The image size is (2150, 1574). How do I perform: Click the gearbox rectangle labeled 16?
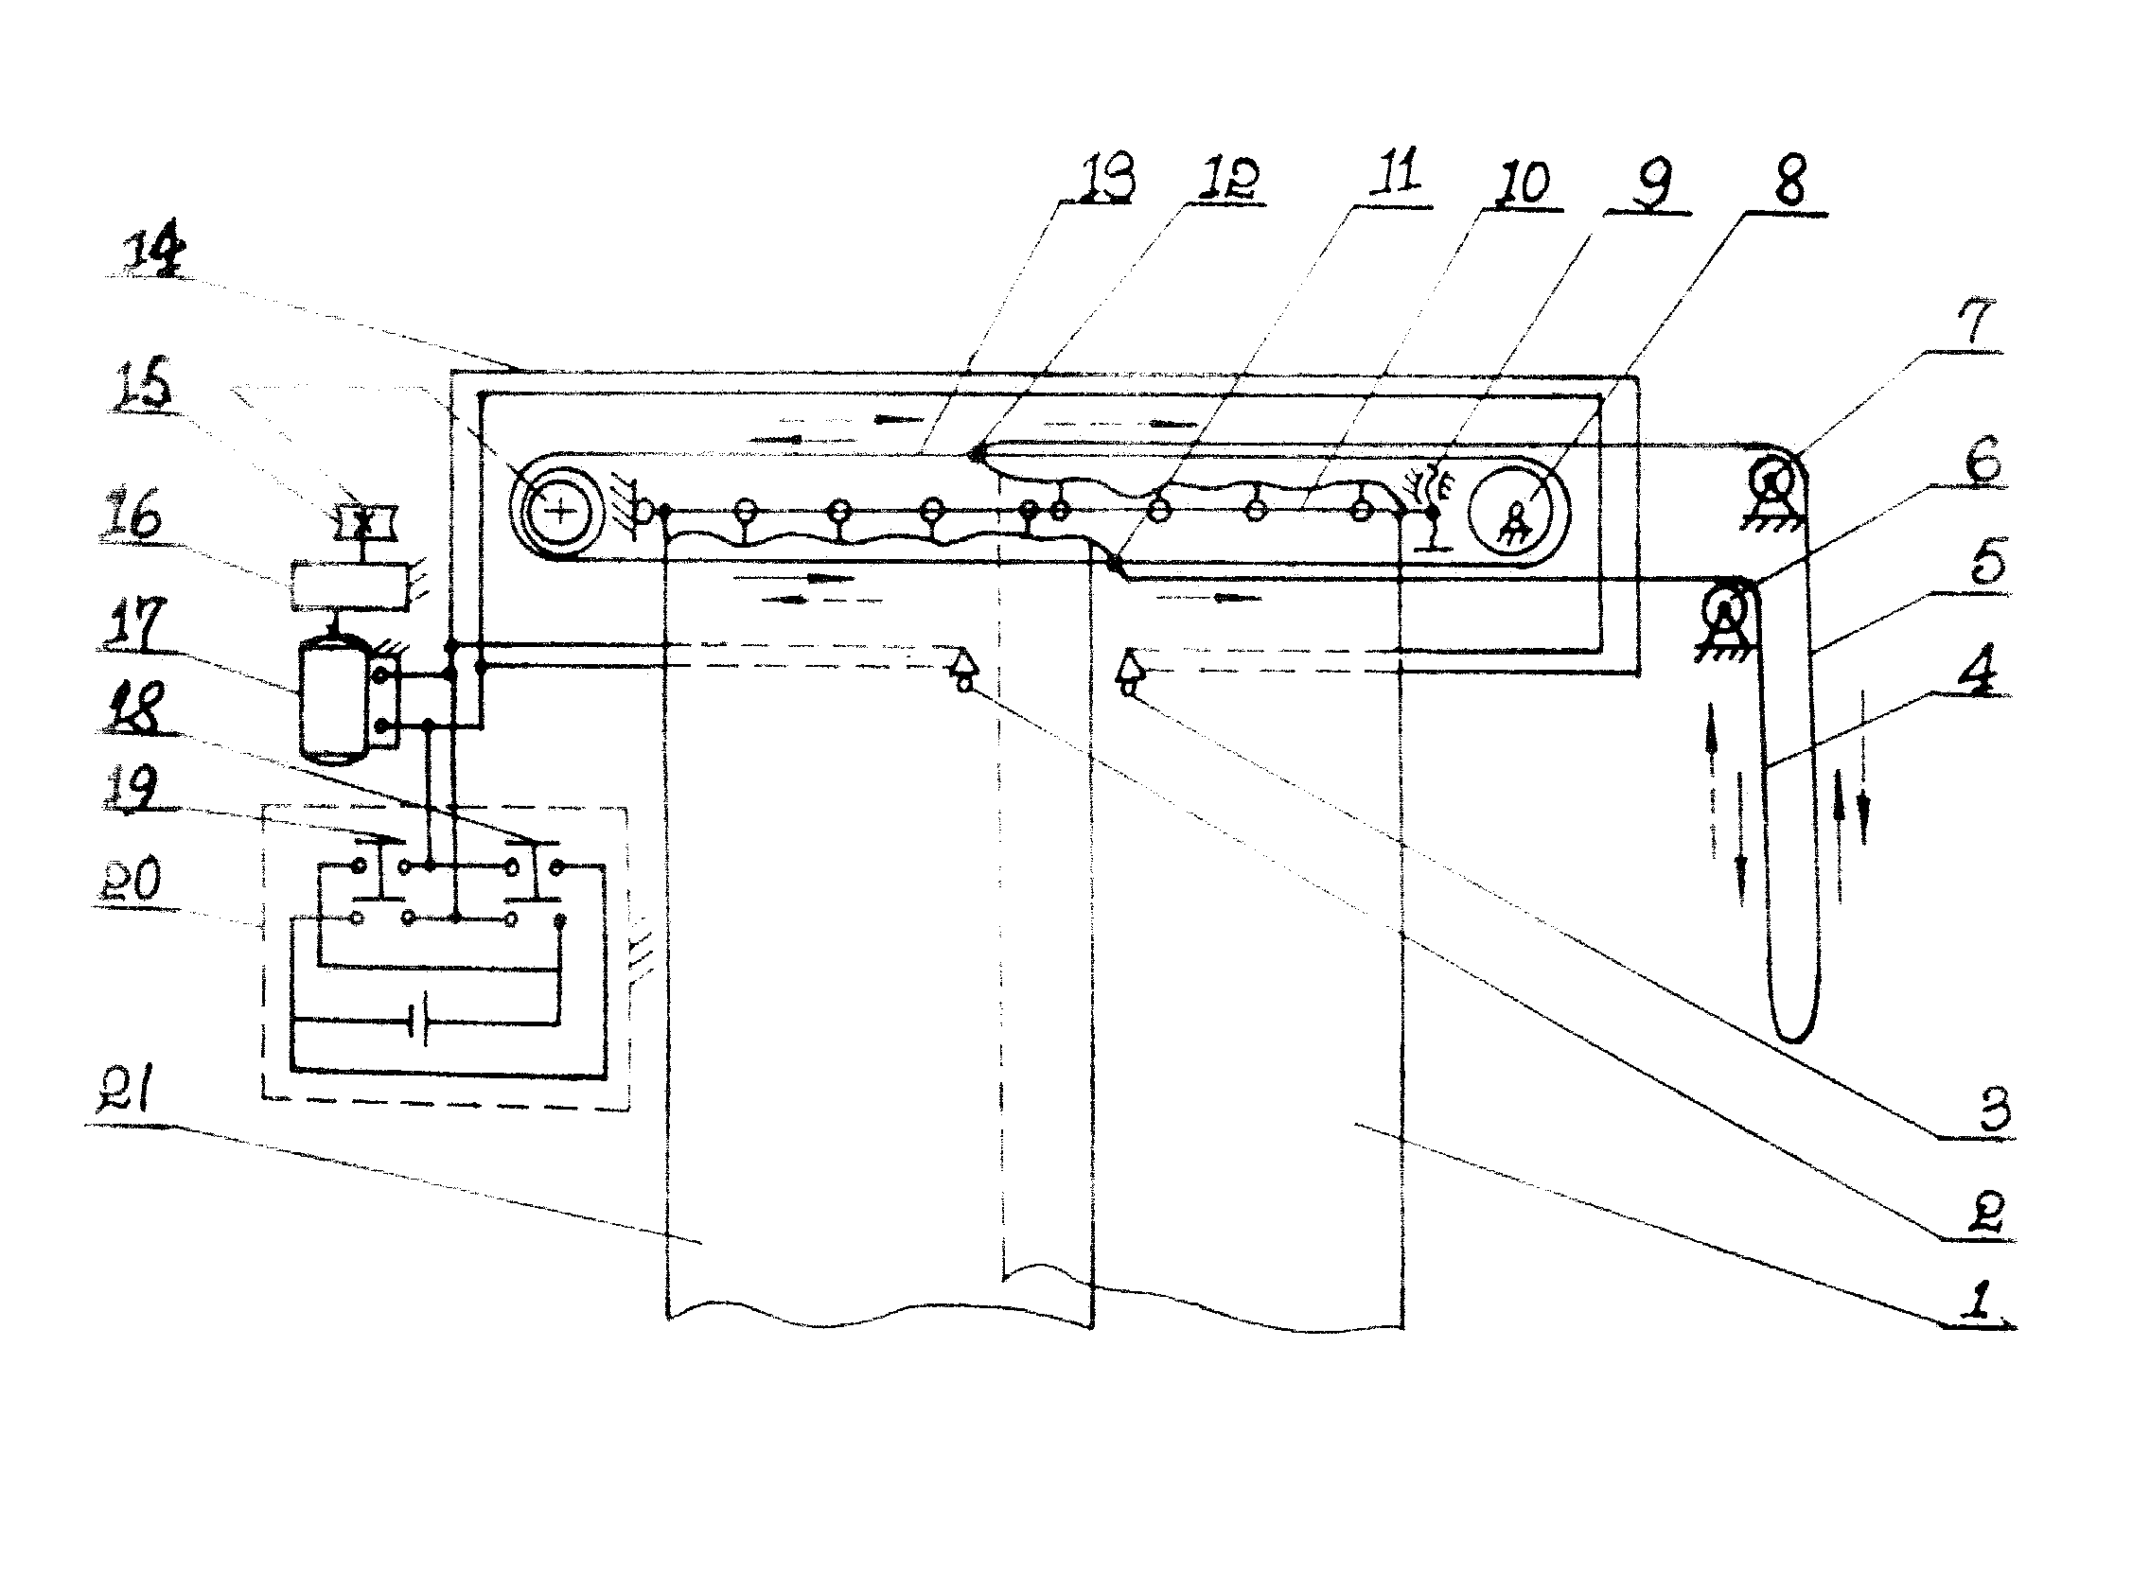point(350,585)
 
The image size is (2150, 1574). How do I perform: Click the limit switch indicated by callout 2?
point(963,668)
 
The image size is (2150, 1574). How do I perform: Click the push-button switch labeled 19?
point(381,867)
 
